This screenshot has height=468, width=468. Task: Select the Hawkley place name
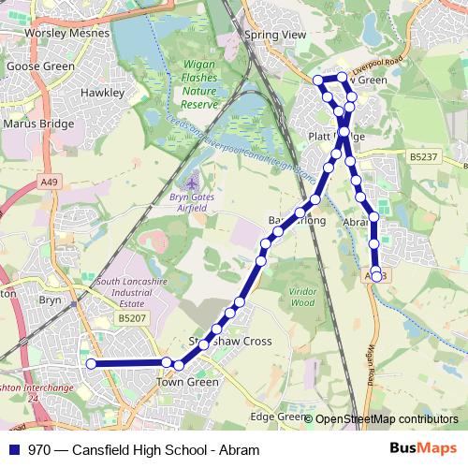[x=102, y=93]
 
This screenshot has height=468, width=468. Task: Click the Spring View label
[x=275, y=35]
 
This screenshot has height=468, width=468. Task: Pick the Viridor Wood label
[x=302, y=297]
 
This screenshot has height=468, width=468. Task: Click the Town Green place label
[x=186, y=382]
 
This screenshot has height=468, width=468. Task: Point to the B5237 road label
[x=424, y=157]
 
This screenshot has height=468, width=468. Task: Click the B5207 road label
[x=133, y=319]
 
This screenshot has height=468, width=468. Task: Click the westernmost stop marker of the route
[x=92, y=363]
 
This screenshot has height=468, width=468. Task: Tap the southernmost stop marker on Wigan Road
[x=376, y=276]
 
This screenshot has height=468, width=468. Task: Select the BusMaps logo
[x=422, y=449]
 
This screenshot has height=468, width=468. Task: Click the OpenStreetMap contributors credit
[x=387, y=419]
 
